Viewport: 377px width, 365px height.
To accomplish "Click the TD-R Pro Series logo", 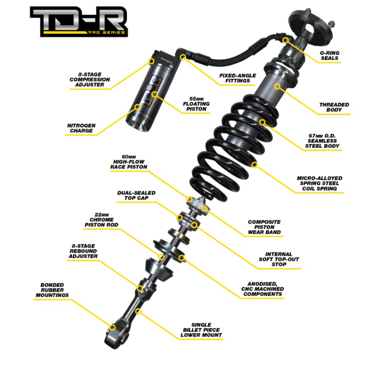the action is click(79, 22).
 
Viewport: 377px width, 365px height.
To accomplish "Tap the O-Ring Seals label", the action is click(329, 55).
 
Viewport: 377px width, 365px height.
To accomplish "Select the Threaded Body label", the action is click(334, 107).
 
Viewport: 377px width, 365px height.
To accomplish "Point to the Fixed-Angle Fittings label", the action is click(237, 78).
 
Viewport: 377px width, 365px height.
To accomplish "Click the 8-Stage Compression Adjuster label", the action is click(90, 80).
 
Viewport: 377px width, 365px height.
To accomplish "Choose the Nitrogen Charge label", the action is click(81, 128).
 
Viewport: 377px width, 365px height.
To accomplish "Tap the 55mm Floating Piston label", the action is click(196, 104).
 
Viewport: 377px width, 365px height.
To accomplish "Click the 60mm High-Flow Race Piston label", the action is click(128, 162).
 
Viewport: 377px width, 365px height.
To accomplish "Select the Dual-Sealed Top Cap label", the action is click(137, 195).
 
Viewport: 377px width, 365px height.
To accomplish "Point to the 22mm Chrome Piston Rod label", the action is click(101, 219).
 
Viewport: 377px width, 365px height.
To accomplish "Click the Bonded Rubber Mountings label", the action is click(52, 290).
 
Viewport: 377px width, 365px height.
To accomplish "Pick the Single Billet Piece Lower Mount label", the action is click(201, 330).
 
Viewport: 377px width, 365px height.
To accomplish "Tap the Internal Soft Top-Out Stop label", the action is click(279, 259).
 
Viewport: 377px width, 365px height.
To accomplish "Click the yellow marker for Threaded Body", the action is click(277, 86).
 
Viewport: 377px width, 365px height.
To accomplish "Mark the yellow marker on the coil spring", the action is click(254, 165).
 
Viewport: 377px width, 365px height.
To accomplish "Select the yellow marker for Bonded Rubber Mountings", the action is click(112, 327).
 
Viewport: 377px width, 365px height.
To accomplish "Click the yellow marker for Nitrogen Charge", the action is click(137, 107).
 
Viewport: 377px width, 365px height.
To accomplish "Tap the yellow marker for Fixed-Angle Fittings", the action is click(183, 57).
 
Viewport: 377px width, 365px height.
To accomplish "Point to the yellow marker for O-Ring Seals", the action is click(286, 40).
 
